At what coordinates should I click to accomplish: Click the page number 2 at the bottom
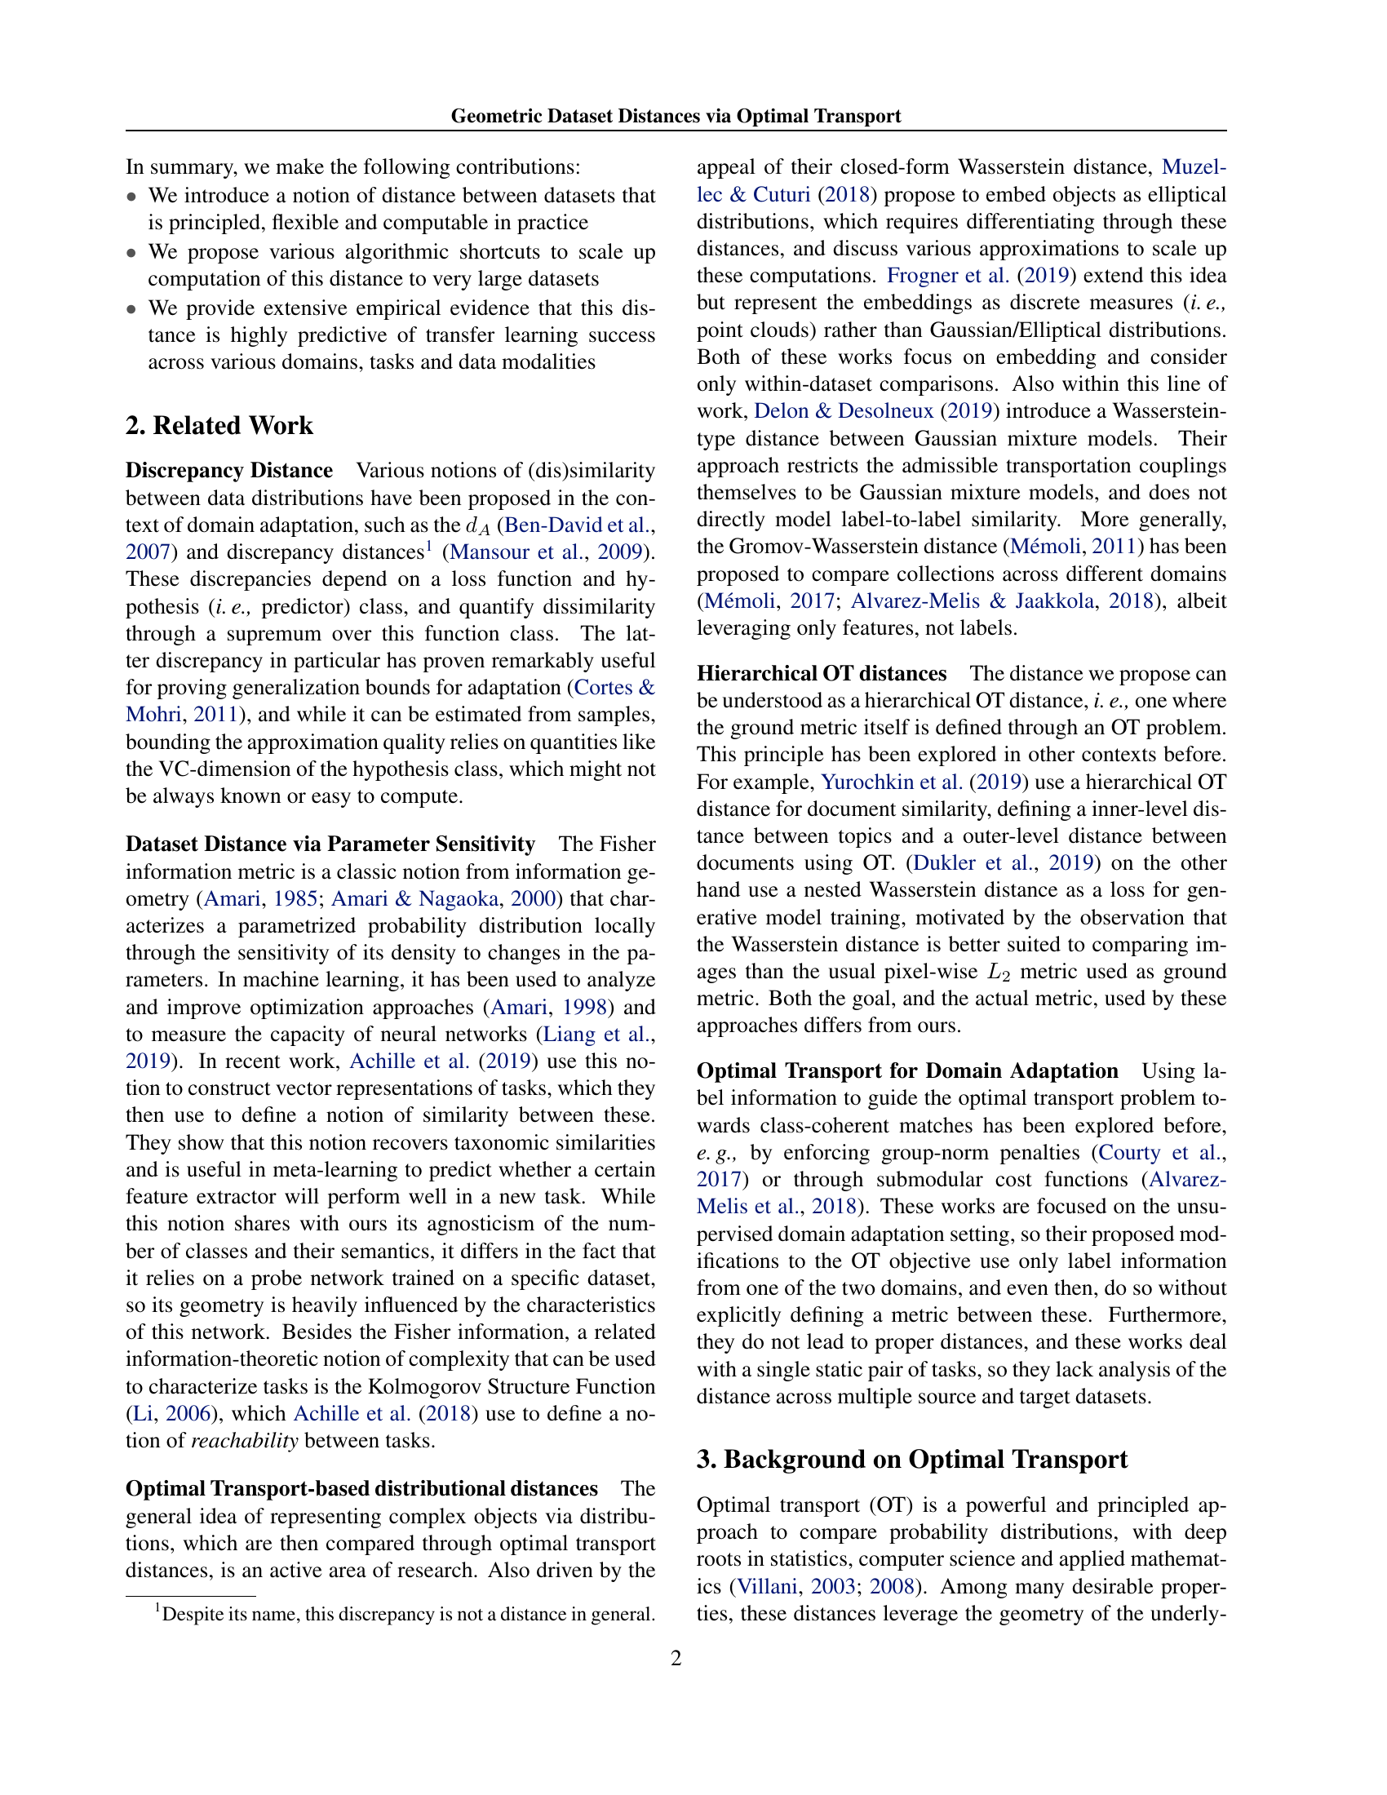(676, 1658)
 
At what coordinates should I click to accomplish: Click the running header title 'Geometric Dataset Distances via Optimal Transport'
(676, 116)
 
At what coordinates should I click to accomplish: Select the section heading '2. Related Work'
(219, 426)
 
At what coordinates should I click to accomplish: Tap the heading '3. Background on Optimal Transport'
(912, 1459)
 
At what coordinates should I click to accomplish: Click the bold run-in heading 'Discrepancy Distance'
(229, 471)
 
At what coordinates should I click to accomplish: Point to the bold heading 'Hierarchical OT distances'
(822, 674)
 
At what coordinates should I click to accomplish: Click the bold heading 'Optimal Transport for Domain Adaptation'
(907, 1071)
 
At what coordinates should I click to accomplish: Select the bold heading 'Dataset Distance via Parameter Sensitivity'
(330, 844)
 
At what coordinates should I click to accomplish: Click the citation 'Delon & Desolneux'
(844, 411)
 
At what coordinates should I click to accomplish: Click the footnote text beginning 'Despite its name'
(408, 1614)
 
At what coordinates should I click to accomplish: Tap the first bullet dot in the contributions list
(131, 197)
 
